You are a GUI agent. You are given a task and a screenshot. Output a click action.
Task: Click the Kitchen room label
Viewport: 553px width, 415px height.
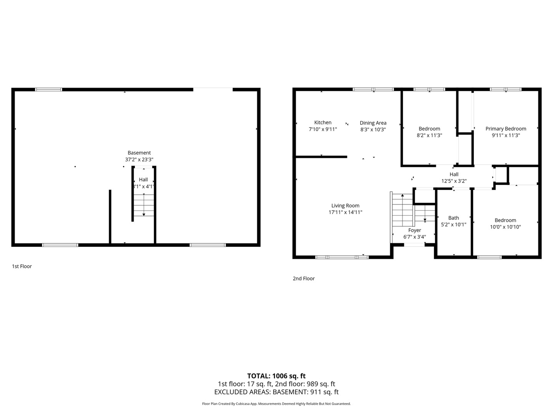323,123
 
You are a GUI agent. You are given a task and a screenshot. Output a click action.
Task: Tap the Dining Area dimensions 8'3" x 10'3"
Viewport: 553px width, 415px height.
373,129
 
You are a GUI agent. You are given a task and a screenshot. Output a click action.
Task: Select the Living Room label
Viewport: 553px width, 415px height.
345,206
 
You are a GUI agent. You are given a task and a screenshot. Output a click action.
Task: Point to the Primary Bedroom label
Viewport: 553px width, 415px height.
506,129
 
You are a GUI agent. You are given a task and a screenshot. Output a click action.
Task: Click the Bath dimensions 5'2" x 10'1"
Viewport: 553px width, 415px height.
454,224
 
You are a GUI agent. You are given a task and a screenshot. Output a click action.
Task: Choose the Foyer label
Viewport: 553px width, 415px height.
414,230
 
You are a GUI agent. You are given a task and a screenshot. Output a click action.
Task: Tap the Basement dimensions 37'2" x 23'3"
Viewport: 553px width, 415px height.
139,159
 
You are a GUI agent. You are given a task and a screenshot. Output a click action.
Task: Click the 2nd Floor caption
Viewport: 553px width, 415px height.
304,279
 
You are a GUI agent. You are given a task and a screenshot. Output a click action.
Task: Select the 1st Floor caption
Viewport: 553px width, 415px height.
22,266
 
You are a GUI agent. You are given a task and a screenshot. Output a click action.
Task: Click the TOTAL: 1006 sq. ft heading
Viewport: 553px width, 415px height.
276,376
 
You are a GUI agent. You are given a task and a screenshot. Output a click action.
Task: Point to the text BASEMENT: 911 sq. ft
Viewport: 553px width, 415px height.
306,392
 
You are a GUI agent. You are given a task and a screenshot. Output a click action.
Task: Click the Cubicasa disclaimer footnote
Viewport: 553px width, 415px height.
276,403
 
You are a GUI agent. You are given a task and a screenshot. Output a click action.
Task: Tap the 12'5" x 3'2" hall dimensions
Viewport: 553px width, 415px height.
454,181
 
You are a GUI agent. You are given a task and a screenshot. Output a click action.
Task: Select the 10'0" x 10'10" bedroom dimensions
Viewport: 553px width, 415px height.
505,227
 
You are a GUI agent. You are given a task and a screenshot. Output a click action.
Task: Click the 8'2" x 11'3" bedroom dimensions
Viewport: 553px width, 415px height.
429,135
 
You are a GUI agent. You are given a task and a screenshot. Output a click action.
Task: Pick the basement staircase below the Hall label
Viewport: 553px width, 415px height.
144,205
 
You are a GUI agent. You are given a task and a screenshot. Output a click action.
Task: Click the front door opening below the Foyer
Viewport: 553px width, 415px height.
414,244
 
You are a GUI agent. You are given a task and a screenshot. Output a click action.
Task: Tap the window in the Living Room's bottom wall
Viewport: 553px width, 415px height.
342,257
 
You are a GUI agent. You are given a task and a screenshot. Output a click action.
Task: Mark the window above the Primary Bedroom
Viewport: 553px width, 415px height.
506,89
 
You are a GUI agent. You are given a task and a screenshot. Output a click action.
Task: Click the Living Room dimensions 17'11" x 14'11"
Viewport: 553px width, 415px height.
345,212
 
